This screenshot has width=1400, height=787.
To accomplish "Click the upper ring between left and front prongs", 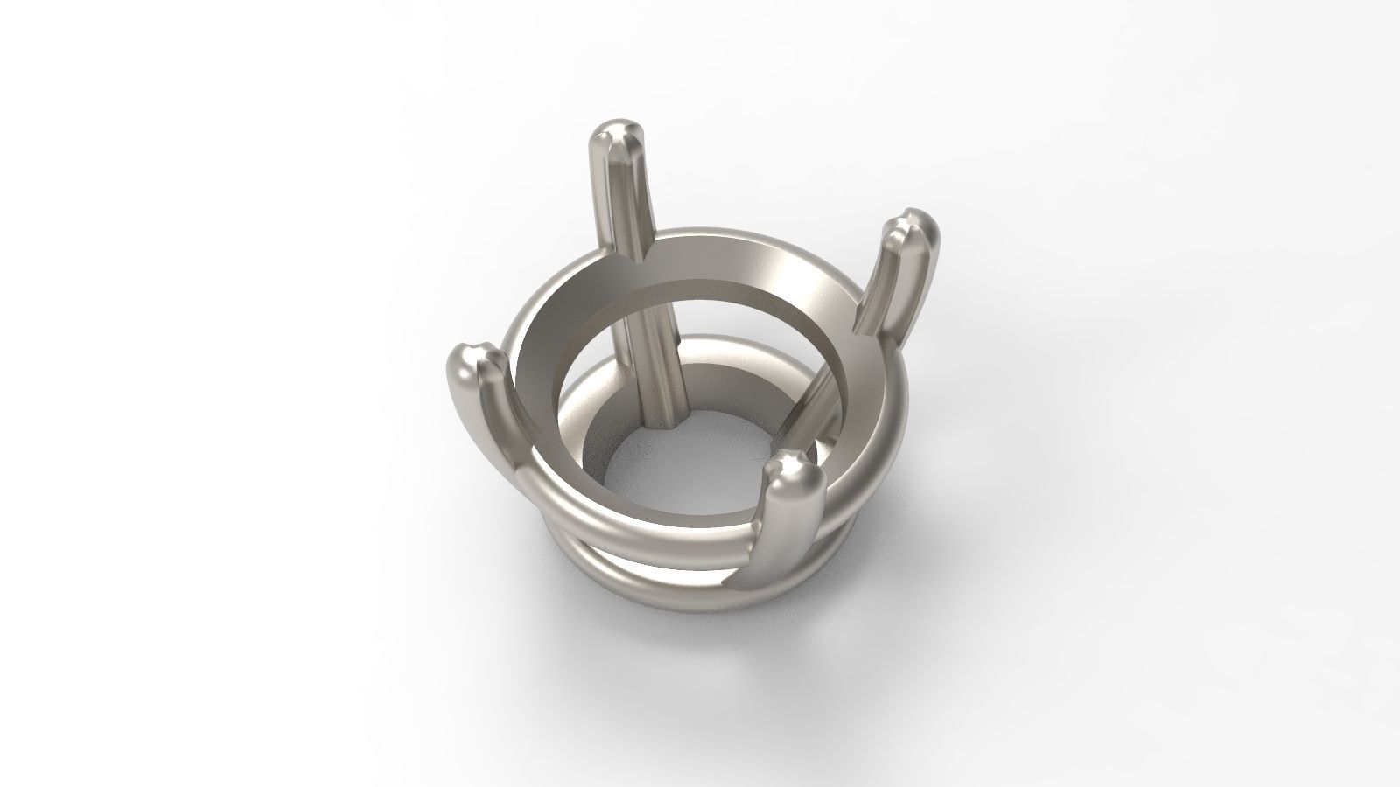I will pyautogui.click(x=639, y=542).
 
